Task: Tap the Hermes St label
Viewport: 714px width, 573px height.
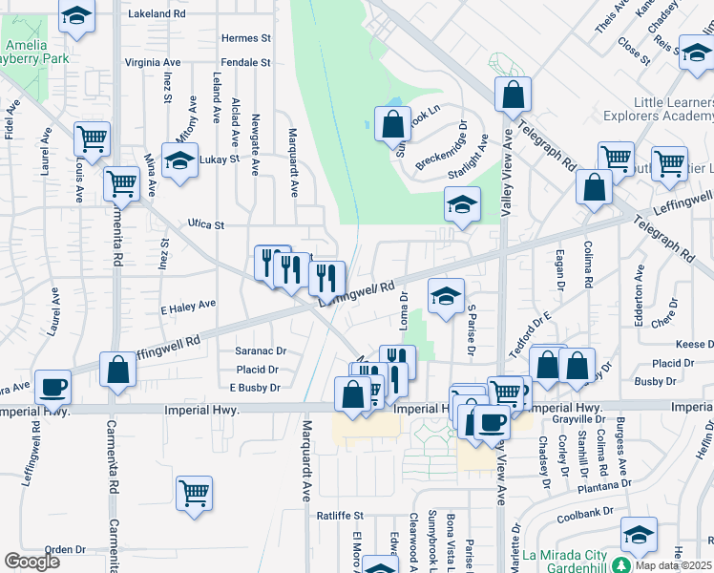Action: [245, 38]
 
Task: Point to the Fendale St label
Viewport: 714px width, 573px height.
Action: [246, 62]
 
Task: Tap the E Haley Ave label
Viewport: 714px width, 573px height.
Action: [188, 308]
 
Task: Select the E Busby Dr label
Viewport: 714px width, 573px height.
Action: [255, 388]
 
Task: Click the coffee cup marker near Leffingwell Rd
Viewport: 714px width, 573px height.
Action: [52, 387]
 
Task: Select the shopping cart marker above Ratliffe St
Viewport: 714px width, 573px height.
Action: [194, 494]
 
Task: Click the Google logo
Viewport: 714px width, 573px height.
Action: [31, 561]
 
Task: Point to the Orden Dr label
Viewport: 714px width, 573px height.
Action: [65, 550]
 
